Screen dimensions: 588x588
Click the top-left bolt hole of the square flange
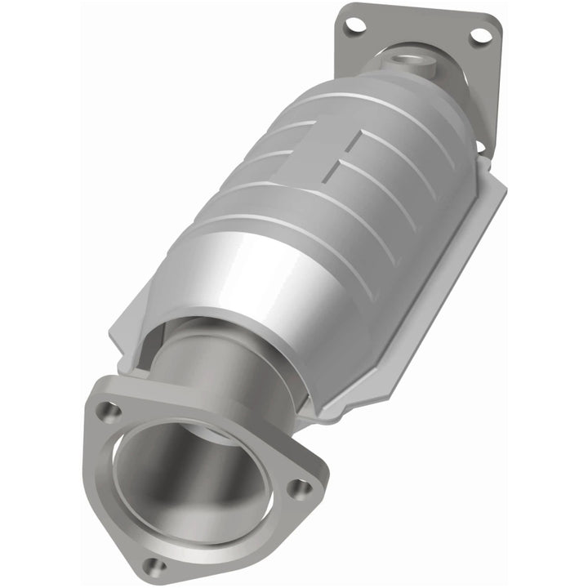coord(354,25)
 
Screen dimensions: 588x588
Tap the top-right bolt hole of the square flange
coord(481,36)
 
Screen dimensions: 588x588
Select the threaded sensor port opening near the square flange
coord(405,58)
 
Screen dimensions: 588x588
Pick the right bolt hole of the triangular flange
coord(301,488)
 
